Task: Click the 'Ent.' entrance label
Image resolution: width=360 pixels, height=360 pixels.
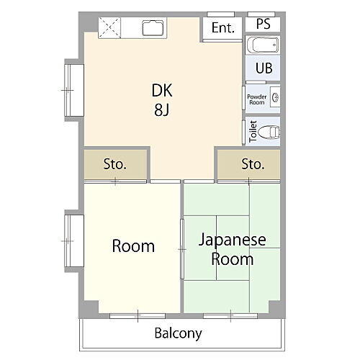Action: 223,29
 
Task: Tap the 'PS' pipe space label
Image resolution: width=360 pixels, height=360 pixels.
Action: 263,23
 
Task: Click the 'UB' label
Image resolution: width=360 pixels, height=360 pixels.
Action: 263,69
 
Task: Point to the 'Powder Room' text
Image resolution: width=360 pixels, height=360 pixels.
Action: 256,99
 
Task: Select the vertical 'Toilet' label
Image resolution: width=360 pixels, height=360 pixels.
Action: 252,132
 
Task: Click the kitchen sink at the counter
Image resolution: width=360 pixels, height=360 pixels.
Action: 155,29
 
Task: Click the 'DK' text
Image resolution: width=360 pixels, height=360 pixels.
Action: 162,91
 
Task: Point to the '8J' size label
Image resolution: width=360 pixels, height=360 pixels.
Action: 162,110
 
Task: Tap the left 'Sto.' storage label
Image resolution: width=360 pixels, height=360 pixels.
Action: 114,164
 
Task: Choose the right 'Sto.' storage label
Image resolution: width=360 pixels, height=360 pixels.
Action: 252,164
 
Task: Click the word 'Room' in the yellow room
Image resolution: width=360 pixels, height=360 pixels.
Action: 133,246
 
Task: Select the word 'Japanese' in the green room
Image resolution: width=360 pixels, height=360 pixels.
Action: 232,240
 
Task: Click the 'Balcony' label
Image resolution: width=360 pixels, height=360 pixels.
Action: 178,333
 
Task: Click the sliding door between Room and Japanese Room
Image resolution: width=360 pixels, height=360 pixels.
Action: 181,248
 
